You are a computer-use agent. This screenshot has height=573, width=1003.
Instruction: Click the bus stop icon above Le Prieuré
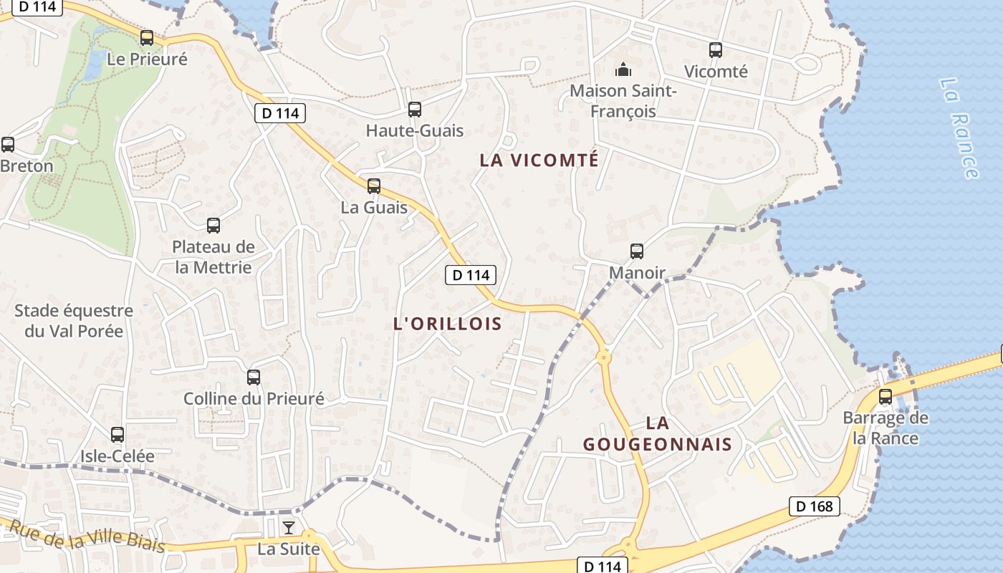pos(147,38)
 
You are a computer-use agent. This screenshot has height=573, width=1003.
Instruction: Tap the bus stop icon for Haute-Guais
pos(414,110)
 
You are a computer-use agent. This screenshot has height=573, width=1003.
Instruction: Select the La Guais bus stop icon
pos(373,186)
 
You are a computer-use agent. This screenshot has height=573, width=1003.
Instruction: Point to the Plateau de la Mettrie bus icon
pos(213,226)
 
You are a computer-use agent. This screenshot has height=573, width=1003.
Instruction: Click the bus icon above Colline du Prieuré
pos(253,377)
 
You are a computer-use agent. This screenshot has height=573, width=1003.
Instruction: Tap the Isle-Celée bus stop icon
pos(117,435)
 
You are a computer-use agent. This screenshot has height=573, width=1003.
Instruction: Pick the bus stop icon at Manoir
pos(636,251)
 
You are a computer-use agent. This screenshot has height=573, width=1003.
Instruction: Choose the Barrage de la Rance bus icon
pos(886,397)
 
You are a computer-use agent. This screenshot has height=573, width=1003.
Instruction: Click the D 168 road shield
pos(815,506)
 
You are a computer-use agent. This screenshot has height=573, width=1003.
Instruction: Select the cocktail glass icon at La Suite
pos(288,529)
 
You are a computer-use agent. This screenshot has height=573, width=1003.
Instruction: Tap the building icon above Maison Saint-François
pos(623,70)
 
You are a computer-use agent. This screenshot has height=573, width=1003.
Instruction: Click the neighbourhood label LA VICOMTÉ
pos(539,160)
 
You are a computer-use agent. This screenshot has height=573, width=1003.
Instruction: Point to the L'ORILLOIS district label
pos(448,324)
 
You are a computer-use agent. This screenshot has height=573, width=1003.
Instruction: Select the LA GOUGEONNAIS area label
pos(657,434)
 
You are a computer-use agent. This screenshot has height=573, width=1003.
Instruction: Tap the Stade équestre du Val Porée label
pos(74,321)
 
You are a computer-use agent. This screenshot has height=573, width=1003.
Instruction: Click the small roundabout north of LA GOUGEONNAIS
pos(603,357)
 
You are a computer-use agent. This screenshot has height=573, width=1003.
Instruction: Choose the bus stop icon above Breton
pos(8,145)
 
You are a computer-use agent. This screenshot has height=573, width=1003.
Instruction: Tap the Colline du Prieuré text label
pos(254,399)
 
